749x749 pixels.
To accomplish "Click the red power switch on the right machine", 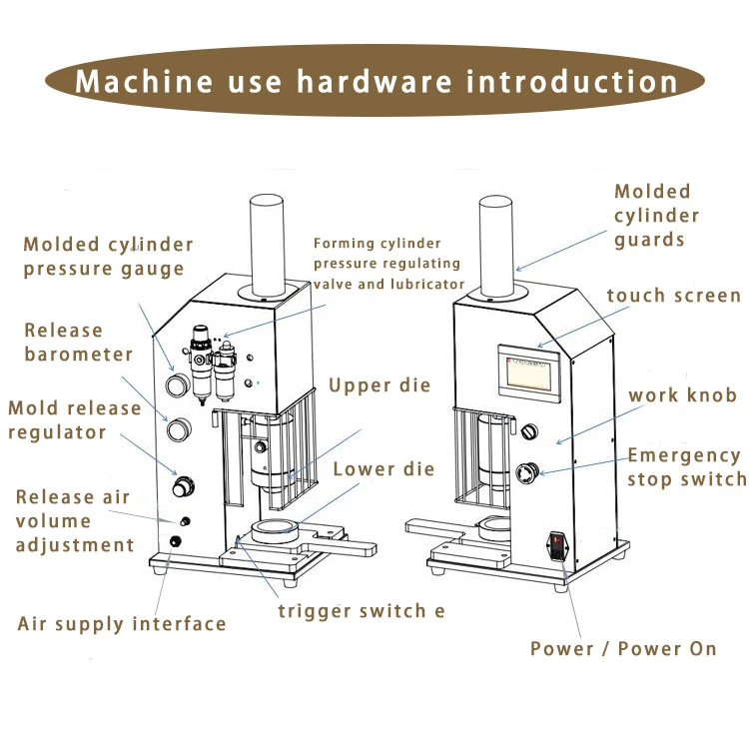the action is point(556,547).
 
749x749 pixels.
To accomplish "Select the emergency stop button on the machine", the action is point(527,473).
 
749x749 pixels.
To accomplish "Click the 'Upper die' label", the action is point(379,385).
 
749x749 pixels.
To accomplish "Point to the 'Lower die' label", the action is point(383,469).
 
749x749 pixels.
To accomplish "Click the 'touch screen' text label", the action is point(674,296).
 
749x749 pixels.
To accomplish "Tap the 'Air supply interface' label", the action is point(122,624).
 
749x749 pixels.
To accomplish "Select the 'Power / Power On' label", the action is point(623,649).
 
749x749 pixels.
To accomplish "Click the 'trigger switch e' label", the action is point(362,611).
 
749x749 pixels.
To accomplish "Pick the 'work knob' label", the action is point(683,395).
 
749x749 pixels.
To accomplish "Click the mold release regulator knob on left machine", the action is point(183,486).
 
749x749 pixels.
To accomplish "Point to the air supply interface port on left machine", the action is point(176,541).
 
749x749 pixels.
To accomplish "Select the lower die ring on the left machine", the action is point(275,530).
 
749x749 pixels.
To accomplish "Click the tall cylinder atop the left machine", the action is point(267,246).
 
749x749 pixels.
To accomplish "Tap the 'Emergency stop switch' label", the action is point(687,467).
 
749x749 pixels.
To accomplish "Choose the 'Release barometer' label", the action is point(78,343).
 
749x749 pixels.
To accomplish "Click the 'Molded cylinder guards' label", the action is point(657,216).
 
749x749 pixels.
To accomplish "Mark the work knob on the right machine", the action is point(529,431).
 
